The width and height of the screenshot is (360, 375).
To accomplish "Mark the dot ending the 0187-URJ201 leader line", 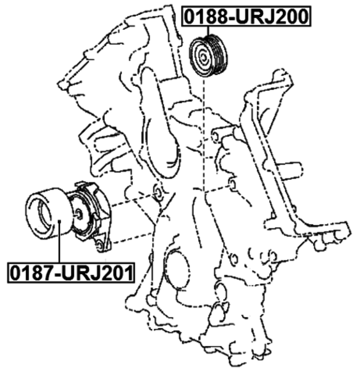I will click(60, 222).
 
